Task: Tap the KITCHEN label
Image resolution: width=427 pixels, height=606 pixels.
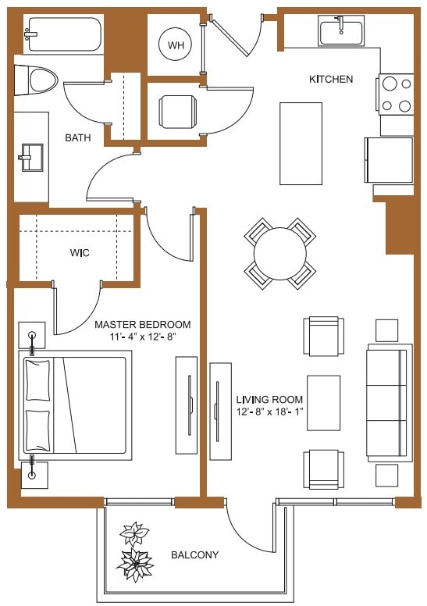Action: click(331, 80)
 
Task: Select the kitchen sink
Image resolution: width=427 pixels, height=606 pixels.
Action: click(341, 32)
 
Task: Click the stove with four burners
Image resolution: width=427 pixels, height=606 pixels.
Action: click(397, 94)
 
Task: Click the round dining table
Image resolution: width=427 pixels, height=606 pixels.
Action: click(280, 253)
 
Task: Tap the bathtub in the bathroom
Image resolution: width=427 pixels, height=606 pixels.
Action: click(62, 34)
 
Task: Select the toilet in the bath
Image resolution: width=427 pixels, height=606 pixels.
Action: click(39, 79)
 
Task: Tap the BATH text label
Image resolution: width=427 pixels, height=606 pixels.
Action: click(78, 138)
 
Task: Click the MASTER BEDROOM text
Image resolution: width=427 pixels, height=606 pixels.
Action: click(142, 325)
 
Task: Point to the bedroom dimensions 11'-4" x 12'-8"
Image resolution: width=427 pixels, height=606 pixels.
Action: click(142, 338)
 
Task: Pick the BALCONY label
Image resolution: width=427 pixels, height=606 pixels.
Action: click(194, 555)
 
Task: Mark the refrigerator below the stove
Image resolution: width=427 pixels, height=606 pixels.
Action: click(388, 159)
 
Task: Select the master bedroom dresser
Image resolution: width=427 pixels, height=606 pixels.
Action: click(187, 405)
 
